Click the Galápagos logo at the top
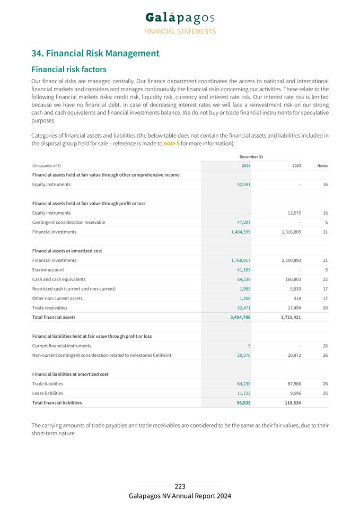coord(180,17)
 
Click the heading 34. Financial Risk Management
coord(95,54)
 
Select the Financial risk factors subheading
coord(69,69)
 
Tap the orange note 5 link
coord(171,143)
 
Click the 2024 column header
coord(246,166)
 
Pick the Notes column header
coord(322,166)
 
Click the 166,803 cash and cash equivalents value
coord(291,279)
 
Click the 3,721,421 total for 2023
coord(289,318)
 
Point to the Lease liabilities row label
coord(48,393)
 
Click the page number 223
coord(180,486)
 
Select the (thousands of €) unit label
coord(46,166)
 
